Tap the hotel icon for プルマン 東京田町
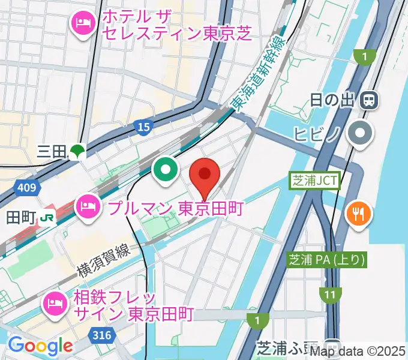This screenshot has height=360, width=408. pos(89,208)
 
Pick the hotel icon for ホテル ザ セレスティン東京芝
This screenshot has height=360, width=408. pos(81,25)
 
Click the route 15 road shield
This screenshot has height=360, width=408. pos(143,127)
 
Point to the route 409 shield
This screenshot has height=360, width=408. pos(26,188)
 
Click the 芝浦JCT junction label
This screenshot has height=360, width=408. pos(314,180)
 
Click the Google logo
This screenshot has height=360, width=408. pos(40,345)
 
